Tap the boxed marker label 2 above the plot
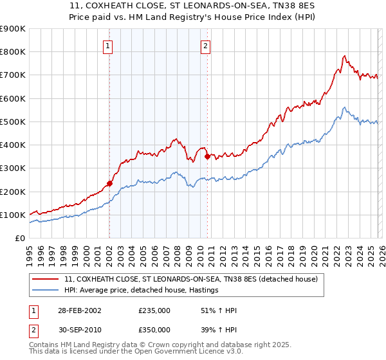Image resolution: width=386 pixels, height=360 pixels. point(205,46)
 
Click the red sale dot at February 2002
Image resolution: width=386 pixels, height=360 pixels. point(110,183)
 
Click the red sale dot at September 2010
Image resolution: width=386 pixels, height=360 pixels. point(207,156)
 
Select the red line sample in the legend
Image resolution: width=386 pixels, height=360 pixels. point(46,280)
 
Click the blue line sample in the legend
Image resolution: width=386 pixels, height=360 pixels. point(46,291)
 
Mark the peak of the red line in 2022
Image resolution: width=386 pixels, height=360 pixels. point(345,56)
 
